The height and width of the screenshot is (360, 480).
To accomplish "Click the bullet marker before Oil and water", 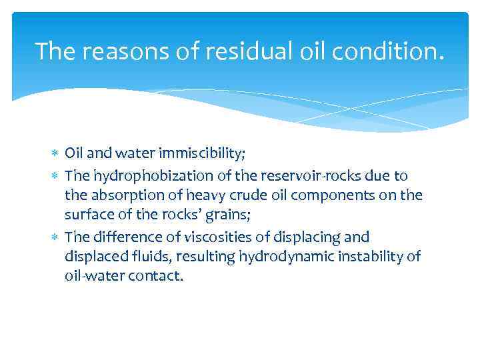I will [x=56, y=155].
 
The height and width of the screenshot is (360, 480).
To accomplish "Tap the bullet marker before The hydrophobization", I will [x=56, y=175].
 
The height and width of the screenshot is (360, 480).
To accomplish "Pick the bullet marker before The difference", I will [x=56, y=237].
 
